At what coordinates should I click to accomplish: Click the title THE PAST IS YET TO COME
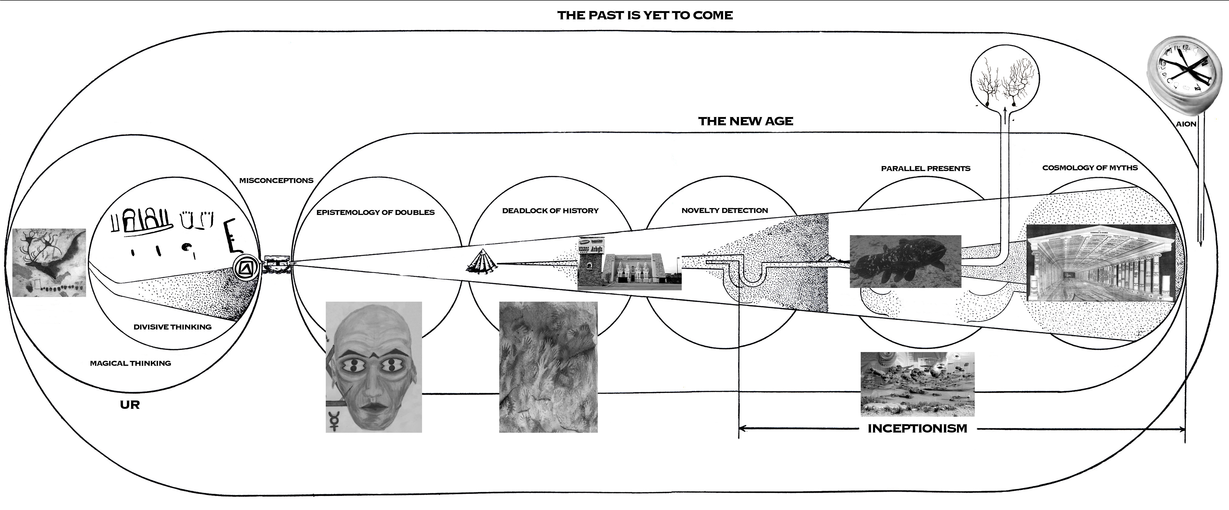coord(645,15)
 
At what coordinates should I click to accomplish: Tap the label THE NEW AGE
coord(746,121)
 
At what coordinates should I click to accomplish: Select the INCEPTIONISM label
coord(917,428)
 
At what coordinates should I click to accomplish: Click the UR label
coord(130,405)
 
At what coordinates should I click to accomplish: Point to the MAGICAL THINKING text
coord(130,363)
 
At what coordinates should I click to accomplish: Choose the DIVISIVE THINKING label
coord(172,327)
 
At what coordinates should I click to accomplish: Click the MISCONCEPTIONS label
coord(276,180)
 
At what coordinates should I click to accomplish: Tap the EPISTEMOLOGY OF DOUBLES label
coord(376,212)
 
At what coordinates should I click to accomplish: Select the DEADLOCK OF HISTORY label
coord(550,210)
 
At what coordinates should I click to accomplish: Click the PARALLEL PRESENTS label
coord(926,168)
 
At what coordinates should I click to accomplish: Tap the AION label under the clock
coord(1186,124)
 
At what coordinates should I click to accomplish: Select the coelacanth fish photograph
coord(905,261)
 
